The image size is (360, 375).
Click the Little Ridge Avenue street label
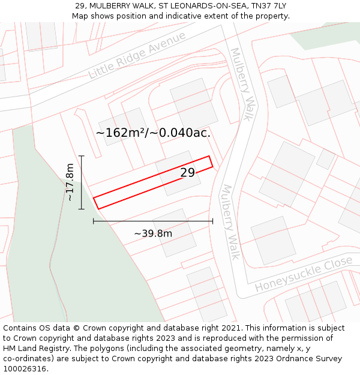pos(137,55)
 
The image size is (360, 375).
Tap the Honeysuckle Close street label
pos(303,274)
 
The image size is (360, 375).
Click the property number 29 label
pos(187,173)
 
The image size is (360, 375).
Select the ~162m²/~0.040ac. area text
pos(153,133)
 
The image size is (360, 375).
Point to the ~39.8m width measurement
pos(153,233)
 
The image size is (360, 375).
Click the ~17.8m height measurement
pos(70,182)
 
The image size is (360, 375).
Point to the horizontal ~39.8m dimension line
pos(153,221)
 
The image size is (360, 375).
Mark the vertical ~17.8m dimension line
pos(82,182)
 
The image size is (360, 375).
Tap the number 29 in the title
pos(80,5)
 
